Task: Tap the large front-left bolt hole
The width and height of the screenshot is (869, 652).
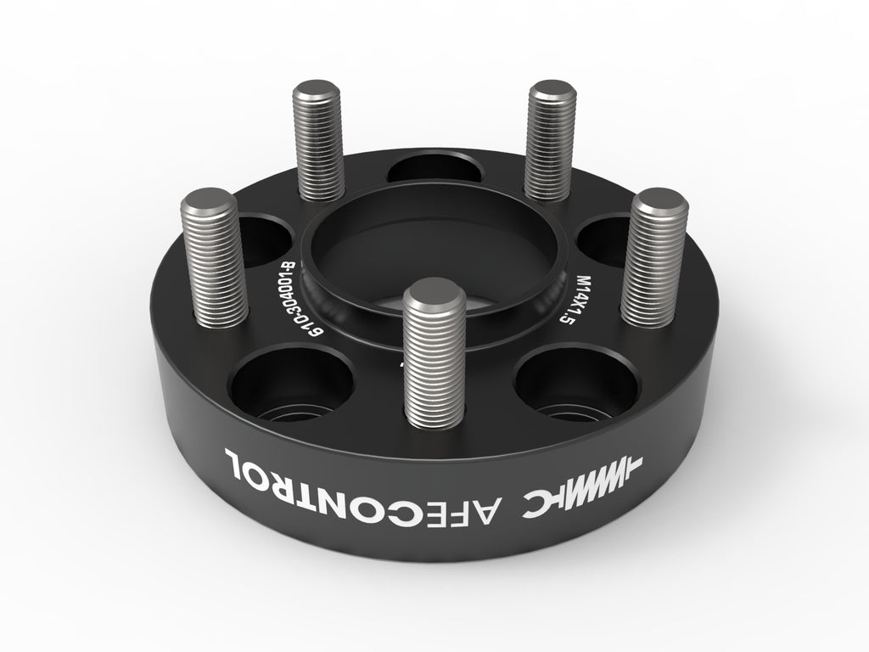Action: coord(291,382)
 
